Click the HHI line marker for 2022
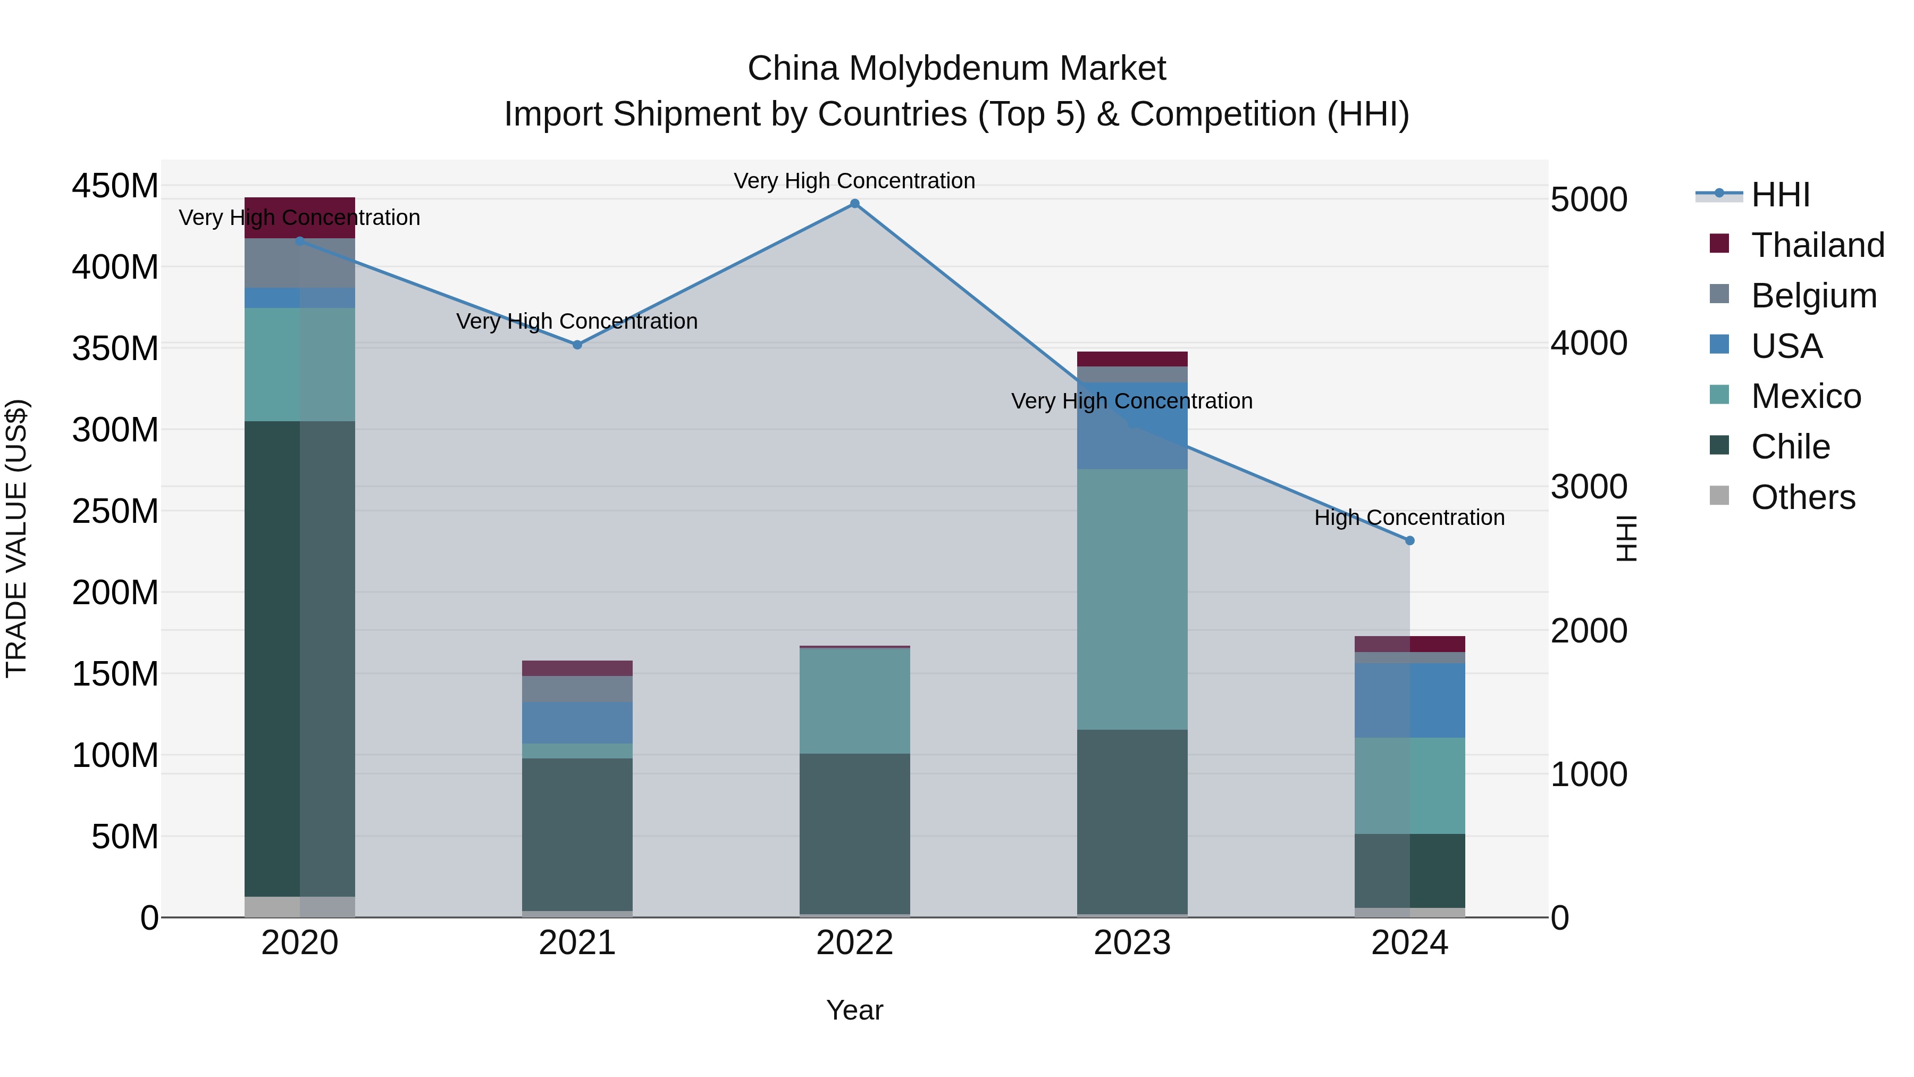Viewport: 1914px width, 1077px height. [x=854, y=204]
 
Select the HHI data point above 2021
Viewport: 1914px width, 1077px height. [x=577, y=345]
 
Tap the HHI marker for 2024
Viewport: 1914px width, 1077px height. [x=1409, y=541]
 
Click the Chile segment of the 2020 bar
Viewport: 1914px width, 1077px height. [x=300, y=658]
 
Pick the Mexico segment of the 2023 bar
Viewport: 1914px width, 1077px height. [x=1132, y=599]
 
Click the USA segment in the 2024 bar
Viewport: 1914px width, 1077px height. [x=1409, y=700]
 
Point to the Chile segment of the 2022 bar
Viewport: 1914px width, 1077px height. [x=854, y=834]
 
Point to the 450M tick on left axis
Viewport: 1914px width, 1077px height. [x=115, y=186]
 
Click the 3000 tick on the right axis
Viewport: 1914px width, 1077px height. [x=1589, y=487]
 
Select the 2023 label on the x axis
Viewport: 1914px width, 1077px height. [x=1132, y=943]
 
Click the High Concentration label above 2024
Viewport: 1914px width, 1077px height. [x=1409, y=517]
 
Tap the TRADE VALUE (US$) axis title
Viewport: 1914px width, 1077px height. [x=16, y=538]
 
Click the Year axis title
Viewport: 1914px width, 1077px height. [x=854, y=1010]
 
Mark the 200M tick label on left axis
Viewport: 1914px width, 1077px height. [x=115, y=593]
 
